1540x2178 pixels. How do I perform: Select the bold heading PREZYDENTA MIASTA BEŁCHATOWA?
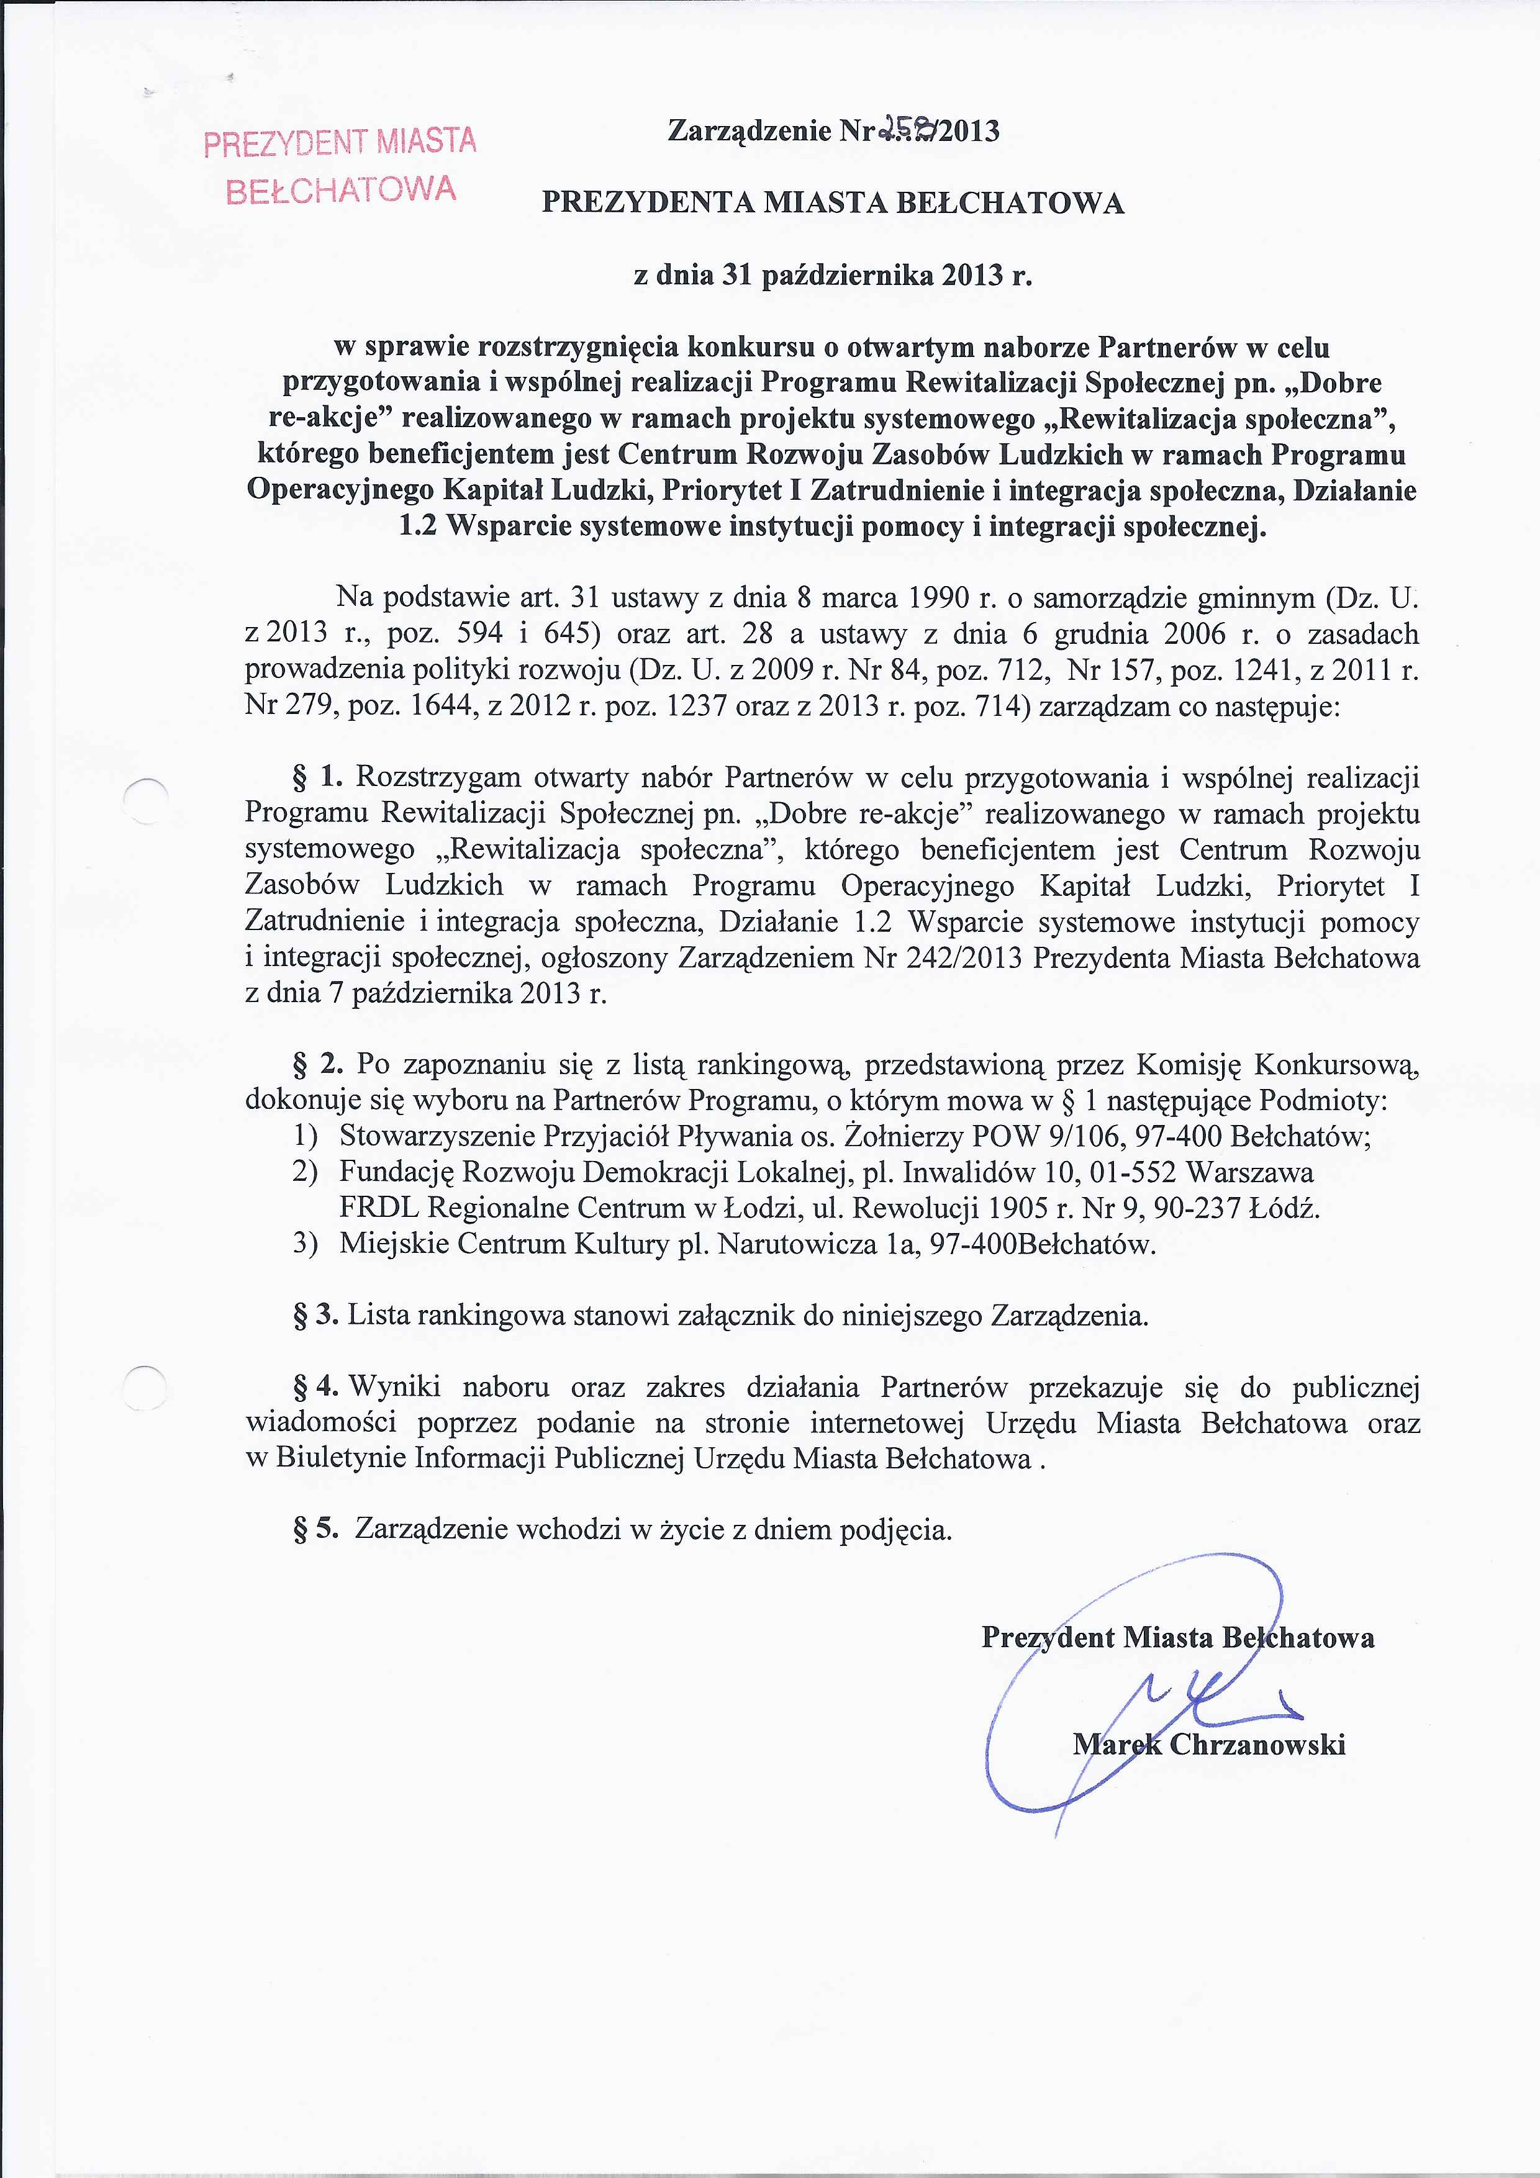pos(832,202)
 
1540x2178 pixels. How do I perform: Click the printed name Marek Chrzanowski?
pos(1209,1743)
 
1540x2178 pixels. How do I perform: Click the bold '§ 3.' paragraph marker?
pos(315,1315)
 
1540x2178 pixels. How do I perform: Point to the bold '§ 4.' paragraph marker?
pos(315,1387)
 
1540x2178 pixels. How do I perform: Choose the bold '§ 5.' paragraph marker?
pos(315,1529)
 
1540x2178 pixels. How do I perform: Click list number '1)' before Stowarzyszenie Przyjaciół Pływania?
pos(304,1136)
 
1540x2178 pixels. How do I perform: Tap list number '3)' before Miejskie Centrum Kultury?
pos(304,1244)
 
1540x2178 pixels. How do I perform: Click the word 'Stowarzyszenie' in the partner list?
pos(437,1136)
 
